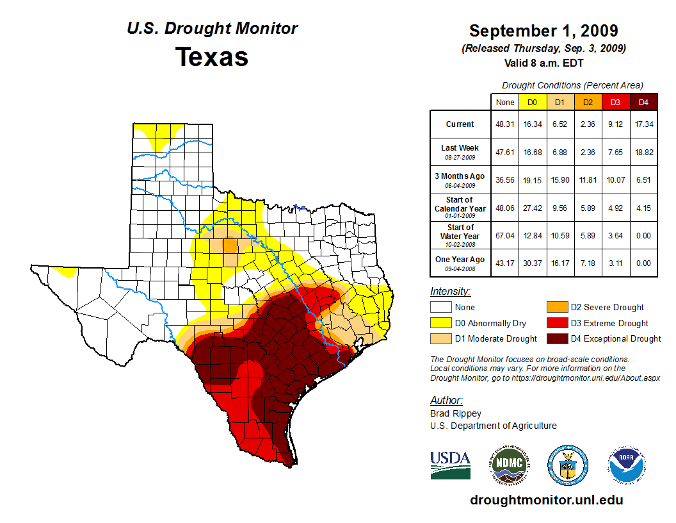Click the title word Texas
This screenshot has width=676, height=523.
point(212,57)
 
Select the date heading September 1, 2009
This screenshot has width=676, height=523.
point(543,31)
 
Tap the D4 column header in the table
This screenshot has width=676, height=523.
point(644,102)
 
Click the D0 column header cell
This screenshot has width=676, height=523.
point(532,102)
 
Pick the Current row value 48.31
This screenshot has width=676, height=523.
point(505,124)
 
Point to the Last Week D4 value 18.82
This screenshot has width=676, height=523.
point(644,152)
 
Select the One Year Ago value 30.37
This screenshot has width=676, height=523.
point(532,263)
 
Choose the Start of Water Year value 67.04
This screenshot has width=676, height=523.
point(505,235)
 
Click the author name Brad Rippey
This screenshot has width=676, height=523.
point(455,413)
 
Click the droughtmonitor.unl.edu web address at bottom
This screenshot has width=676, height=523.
point(546,500)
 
